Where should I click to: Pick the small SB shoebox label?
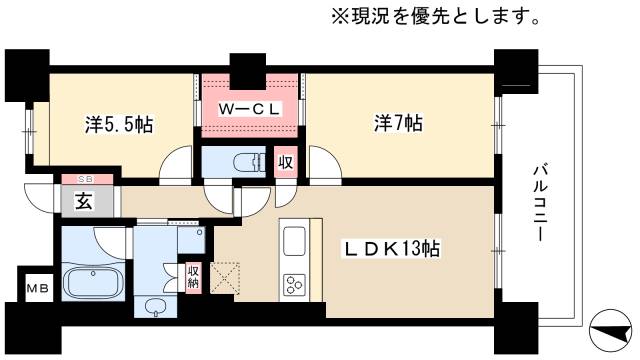tap(79, 179)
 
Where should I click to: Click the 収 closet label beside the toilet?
tap(284, 162)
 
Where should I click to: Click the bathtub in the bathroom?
tap(91, 279)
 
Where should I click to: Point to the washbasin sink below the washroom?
tap(154, 307)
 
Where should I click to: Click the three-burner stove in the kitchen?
tap(295, 285)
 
